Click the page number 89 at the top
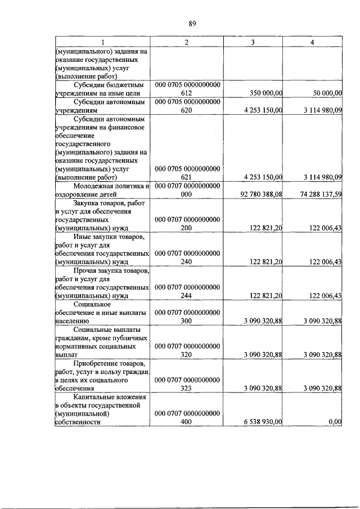[192, 23]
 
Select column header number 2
[186, 42]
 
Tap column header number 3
[253, 42]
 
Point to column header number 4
[313, 42]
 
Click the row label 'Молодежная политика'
[110, 186]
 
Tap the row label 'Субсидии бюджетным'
[110, 84]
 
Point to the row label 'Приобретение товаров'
[110, 363]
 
